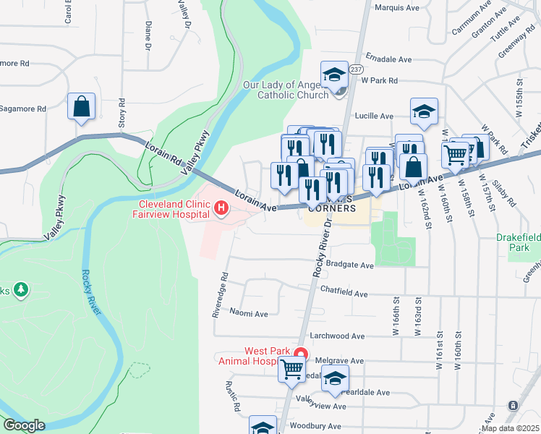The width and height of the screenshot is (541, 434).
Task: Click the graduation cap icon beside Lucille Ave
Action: point(424,111)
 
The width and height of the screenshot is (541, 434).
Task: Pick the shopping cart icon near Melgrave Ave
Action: point(291,368)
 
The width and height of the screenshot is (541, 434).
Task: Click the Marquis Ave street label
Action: point(397,8)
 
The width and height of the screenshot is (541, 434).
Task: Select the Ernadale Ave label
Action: point(388,58)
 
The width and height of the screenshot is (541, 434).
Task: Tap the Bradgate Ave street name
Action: point(350,265)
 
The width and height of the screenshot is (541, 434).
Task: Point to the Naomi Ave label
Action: point(249,314)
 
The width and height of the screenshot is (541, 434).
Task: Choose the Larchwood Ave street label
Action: point(338,336)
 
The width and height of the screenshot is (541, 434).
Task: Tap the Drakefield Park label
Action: point(517,242)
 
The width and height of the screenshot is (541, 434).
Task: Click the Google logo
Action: point(24,425)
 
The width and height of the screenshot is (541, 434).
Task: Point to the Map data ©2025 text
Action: point(510,428)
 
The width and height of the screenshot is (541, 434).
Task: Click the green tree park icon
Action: point(21,290)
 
